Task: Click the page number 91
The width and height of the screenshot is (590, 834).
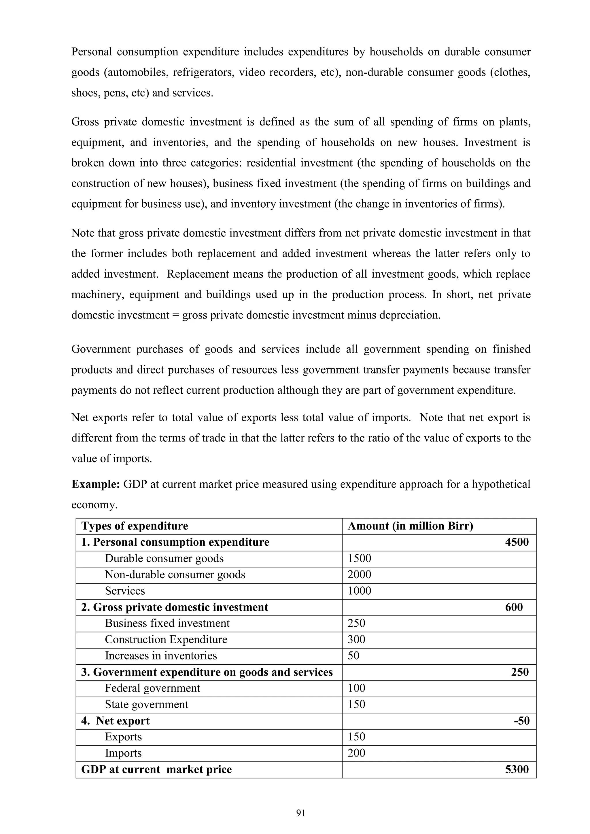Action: [301, 813]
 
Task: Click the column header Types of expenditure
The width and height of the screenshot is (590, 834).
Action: [135, 526]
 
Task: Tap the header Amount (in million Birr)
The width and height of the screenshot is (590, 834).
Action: [410, 526]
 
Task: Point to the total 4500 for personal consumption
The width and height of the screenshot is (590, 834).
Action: [516, 542]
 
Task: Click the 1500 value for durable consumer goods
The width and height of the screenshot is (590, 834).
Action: [359, 558]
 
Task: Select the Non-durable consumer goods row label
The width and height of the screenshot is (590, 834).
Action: [175, 575]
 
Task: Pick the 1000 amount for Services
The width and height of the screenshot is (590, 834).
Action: [359, 591]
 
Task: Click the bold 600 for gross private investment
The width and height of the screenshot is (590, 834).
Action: [513, 607]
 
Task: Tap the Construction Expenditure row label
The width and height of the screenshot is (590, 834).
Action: [166, 639]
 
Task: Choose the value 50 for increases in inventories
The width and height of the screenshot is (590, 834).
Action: [353, 656]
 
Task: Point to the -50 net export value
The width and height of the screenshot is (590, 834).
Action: [521, 721]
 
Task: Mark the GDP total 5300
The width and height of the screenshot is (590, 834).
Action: [516, 769]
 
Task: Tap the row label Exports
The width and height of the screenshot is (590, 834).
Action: [123, 737]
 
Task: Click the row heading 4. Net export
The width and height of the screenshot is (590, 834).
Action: [115, 721]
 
